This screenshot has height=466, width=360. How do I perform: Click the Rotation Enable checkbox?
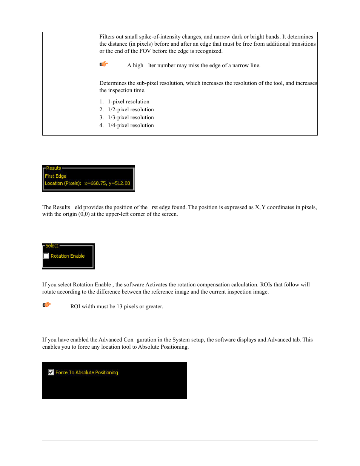[x=46, y=256]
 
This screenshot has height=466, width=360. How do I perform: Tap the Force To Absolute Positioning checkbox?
[x=51, y=372]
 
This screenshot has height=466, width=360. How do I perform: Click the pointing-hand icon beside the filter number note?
[x=104, y=64]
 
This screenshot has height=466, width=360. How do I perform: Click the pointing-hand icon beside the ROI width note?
[x=46, y=305]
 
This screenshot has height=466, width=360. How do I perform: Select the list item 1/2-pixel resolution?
[x=131, y=109]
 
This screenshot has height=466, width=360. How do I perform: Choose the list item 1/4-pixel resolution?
[x=131, y=125]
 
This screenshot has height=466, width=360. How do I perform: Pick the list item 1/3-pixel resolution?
[x=131, y=117]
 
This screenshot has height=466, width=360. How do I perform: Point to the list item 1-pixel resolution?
[x=128, y=102]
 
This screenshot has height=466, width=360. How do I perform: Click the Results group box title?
[x=54, y=168]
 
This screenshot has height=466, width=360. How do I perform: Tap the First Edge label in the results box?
[x=55, y=176]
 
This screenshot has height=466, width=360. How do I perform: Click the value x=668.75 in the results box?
[x=95, y=183]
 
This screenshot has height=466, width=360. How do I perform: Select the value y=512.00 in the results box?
[x=119, y=183]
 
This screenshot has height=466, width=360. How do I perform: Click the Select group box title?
[x=52, y=246]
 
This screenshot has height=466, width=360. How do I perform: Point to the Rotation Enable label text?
[x=68, y=256]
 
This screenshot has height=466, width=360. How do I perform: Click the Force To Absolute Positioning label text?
[x=87, y=372]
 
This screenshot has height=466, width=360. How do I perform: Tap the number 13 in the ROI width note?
[x=119, y=306]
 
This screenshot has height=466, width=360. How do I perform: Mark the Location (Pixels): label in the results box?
[x=63, y=183]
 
